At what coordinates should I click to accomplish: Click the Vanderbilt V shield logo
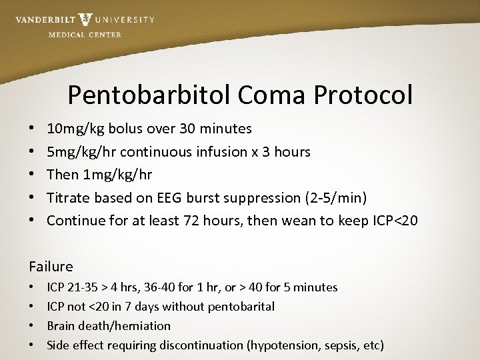coord(85,19)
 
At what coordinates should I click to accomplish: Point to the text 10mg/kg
coord(73,129)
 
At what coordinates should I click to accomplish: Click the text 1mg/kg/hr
coord(118,175)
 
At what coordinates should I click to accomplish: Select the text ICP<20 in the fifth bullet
coord(395,221)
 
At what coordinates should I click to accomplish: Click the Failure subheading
coord(51,267)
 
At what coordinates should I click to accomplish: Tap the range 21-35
coord(84,287)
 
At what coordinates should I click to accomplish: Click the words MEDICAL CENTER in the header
coord(85,35)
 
